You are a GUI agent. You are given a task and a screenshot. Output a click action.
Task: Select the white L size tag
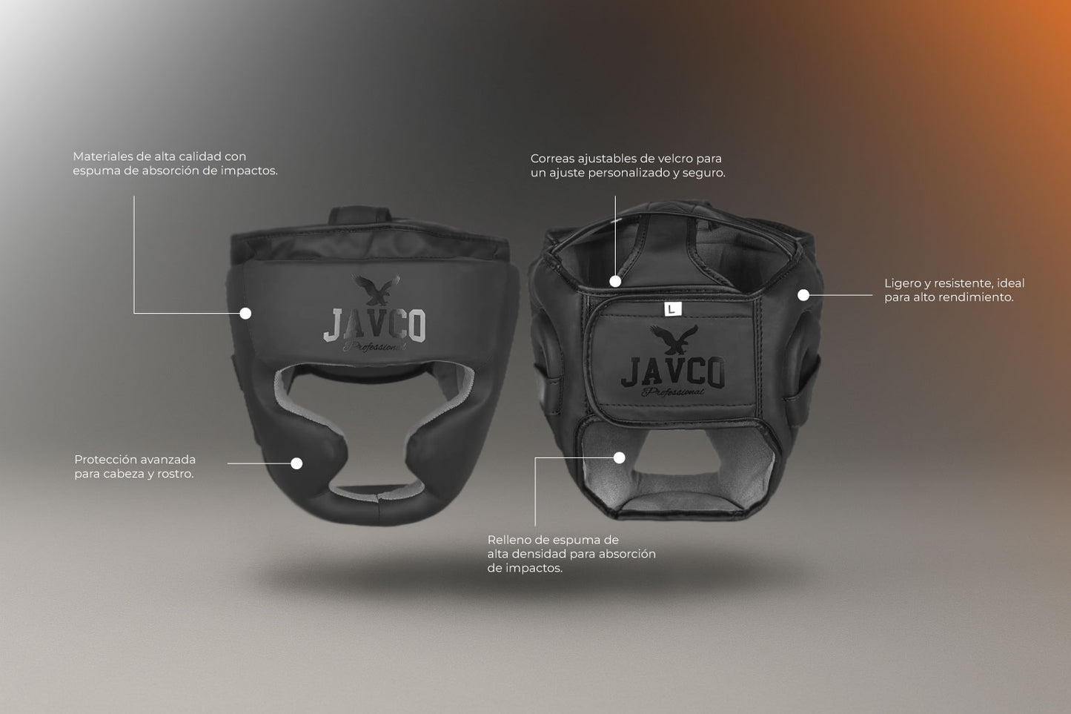pos(670,308)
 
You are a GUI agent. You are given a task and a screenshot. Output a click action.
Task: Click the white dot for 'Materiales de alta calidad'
pos(245,314)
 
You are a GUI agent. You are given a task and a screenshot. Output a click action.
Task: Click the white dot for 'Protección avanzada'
pos(296,463)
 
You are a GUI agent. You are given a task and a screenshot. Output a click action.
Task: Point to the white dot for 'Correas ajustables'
pos(615,281)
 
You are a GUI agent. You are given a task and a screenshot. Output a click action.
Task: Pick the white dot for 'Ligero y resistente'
pos(803,295)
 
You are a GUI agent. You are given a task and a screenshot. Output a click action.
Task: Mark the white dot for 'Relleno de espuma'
pos(619,457)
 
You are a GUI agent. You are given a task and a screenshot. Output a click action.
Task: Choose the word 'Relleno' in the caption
pos(508,540)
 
